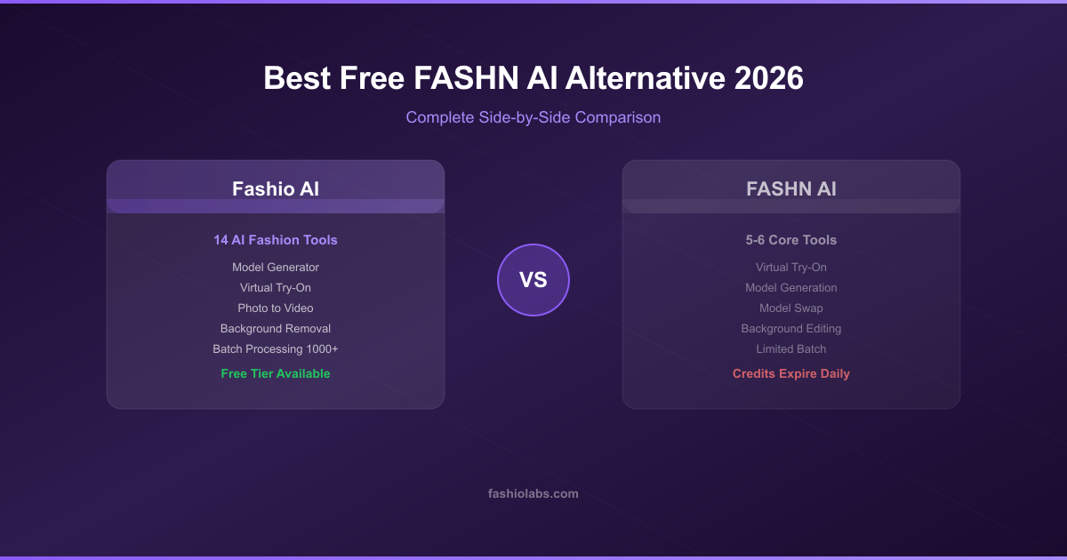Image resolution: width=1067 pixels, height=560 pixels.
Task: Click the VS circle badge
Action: coord(533,280)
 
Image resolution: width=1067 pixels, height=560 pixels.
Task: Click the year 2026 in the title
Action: coord(768,78)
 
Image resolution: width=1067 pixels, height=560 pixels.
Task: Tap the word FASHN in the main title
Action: coord(465,78)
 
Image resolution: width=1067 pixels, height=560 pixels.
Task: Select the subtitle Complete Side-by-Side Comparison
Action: coord(533,117)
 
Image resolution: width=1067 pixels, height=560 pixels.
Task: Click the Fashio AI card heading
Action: coord(276,189)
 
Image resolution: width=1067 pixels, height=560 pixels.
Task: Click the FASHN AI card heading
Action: coord(790,189)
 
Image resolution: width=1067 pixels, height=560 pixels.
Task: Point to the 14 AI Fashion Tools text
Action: coord(276,240)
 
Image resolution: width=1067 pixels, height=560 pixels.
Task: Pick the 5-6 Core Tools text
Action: coord(790,240)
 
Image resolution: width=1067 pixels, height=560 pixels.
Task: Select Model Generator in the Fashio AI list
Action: coord(276,268)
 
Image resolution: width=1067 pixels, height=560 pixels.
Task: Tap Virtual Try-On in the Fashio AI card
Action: coord(276,288)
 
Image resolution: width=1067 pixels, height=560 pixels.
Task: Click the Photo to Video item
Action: coord(276,308)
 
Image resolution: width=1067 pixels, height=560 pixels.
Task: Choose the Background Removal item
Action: coord(276,329)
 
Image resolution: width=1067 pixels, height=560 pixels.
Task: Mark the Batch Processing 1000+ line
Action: coord(276,349)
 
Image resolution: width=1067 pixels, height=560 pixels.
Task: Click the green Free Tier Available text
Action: coord(276,374)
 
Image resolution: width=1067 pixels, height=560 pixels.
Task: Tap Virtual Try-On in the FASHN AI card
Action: coord(790,268)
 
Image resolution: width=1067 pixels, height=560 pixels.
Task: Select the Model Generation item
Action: coord(790,288)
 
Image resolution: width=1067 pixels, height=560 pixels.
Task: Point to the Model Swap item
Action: coord(790,308)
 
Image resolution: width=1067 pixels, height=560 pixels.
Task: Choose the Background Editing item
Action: coord(790,329)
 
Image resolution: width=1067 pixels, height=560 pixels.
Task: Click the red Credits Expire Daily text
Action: coord(790,374)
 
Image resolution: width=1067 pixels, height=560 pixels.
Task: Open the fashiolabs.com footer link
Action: coord(533,494)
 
